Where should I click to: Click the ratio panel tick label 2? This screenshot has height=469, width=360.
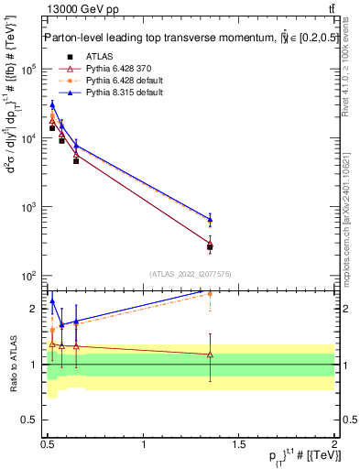35,309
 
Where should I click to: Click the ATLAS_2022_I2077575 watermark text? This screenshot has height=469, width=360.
190,273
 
